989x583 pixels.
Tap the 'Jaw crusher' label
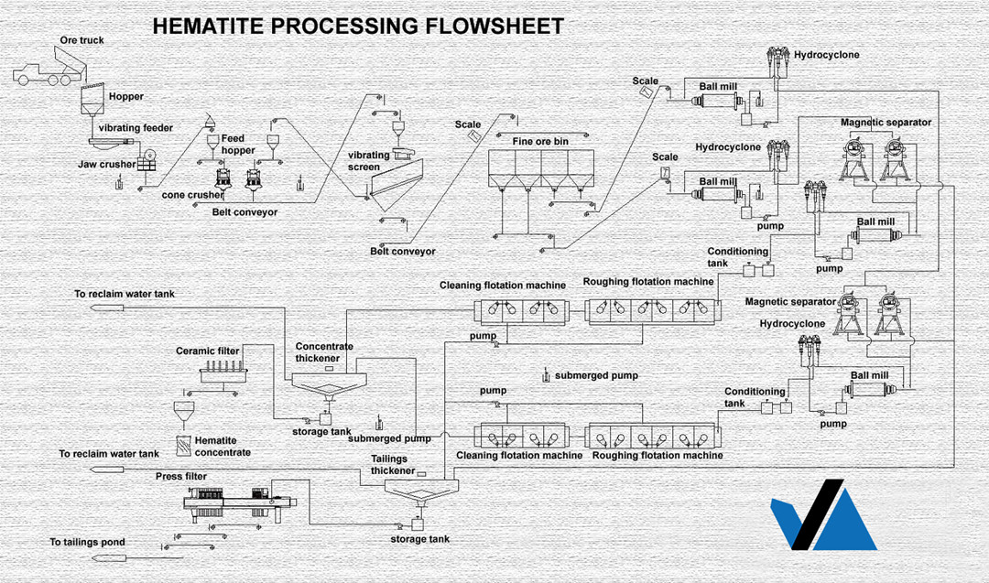click(x=106, y=165)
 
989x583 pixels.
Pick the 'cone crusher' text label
click(x=192, y=195)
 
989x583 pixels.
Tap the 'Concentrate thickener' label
click(x=324, y=352)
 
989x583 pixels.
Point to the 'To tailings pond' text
click(x=87, y=543)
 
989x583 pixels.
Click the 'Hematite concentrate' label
click(x=223, y=447)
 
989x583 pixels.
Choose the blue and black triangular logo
click(x=822, y=514)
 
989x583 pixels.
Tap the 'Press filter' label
click(x=181, y=477)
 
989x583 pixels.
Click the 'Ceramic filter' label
click(x=207, y=351)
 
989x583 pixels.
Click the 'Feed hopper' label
click(x=238, y=145)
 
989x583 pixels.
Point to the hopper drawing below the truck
click(x=92, y=101)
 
